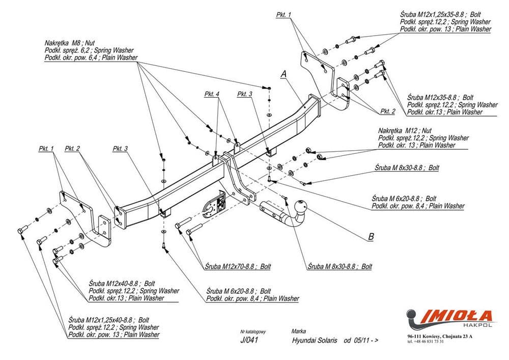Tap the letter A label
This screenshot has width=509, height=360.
(284, 74)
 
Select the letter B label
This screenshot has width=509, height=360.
(371, 236)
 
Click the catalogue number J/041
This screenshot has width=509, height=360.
(249, 340)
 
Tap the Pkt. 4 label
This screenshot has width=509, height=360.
(212, 94)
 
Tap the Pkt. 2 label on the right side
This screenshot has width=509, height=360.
(387, 111)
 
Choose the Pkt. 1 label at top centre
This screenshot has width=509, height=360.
(283, 15)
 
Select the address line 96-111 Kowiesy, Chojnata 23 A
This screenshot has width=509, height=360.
(440, 337)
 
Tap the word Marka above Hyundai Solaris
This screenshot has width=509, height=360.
(299, 331)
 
